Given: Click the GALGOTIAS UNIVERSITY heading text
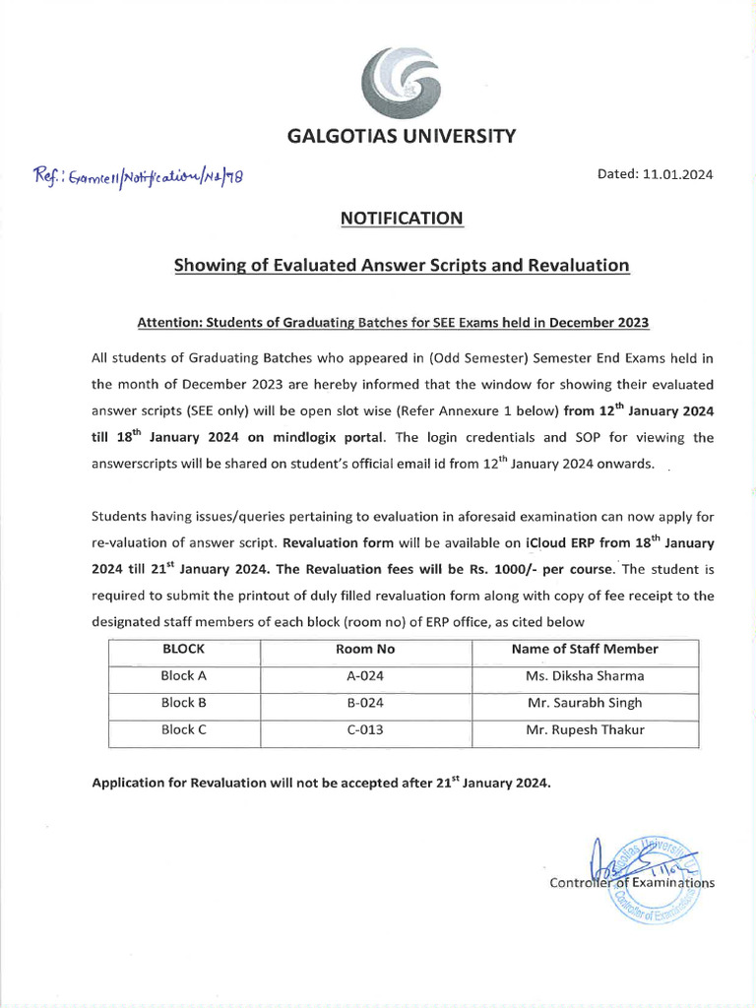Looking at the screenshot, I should tap(401, 137).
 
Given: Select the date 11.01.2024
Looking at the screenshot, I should tap(678, 174).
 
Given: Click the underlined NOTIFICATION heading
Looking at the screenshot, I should tap(401, 218).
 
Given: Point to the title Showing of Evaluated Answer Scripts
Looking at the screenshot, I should tap(401, 265).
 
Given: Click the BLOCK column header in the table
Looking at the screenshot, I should tap(183, 649).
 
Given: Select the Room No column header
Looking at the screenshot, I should tap(365, 649).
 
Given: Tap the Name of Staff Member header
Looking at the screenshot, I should tap(585, 649).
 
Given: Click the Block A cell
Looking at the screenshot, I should tap(183, 676).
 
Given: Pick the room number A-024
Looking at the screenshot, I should tap(365, 676).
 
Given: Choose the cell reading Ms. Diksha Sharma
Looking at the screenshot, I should tap(585, 676).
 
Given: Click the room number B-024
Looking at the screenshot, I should tap(365, 703).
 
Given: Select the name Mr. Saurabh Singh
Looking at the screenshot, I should tap(585, 703).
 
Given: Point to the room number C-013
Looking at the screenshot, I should tap(365, 730).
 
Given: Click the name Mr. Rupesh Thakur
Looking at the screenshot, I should tap(585, 730).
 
